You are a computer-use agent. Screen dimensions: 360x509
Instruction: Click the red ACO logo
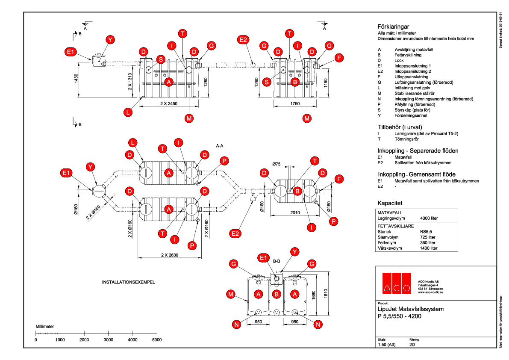[396, 283]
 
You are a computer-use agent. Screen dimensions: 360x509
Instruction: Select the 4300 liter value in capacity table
[429, 218]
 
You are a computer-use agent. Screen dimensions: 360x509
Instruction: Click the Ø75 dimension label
[277, 163]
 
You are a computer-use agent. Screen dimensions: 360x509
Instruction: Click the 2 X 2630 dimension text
[169, 255]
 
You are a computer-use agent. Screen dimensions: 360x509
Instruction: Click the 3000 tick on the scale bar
[109, 340]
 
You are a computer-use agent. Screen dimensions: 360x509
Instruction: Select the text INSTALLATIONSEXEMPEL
[128, 283]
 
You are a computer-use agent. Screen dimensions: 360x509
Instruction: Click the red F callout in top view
[339, 58]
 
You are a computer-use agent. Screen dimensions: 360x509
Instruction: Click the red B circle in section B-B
[277, 294]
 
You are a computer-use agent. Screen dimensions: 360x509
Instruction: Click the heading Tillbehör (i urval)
[400, 127]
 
